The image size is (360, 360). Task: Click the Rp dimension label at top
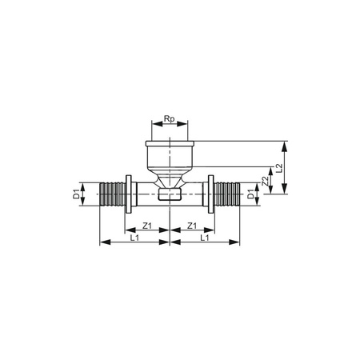pyautogui.click(x=169, y=119)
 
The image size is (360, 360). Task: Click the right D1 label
pyautogui.click(x=250, y=194)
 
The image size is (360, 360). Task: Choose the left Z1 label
pyautogui.click(x=147, y=226)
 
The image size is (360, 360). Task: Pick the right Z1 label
pyautogui.click(x=193, y=226)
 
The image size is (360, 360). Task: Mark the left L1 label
pyautogui.click(x=134, y=238)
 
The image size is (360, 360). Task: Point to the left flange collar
pyautogui.click(x=128, y=194)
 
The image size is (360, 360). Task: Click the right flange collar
pyautogui.click(x=211, y=194)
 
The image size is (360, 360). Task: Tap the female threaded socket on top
pyautogui.click(x=170, y=154)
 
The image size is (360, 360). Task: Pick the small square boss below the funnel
pyautogui.click(x=170, y=194)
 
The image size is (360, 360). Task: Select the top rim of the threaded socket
pyautogui.click(x=170, y=142)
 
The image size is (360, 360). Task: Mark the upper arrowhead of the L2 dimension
pyautogui.click(x=285, y=144)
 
